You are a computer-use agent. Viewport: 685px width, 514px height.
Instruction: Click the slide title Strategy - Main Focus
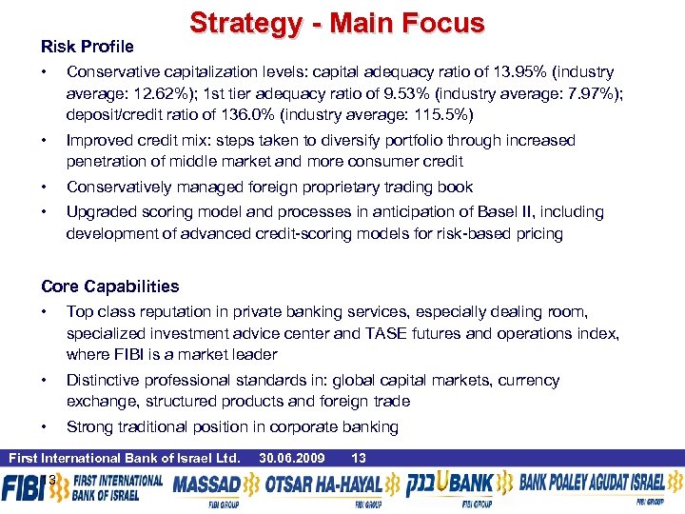(x=337, y=23)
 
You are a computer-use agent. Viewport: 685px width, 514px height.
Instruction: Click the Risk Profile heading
(x=88, y=47)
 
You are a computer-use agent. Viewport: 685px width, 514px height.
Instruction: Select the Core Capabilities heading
(x=109, y=287)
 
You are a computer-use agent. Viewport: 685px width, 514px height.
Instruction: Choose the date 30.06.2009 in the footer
(x=293, y=458)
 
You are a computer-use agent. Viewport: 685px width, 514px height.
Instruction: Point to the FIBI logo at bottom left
(x=24, y=488)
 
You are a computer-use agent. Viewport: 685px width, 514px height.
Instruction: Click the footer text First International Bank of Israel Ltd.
(x=124, y=458)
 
